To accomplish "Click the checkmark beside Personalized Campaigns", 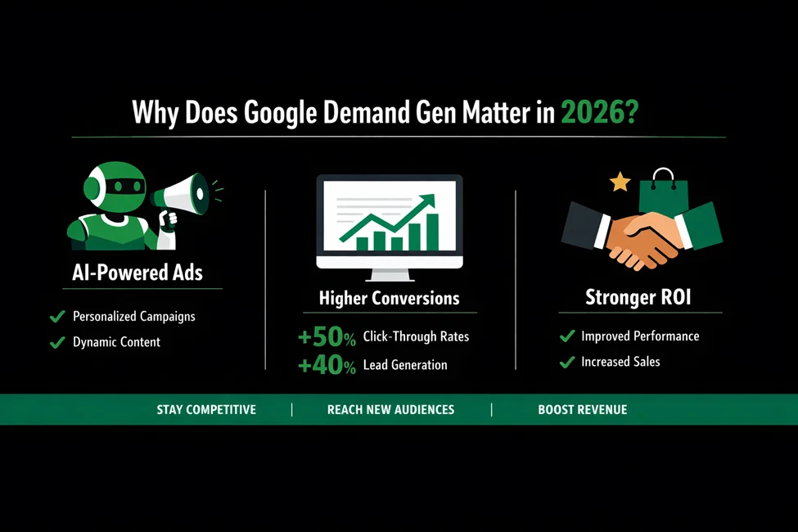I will [57, 316].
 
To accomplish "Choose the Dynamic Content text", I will [116, 342].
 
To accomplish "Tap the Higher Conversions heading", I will [389, 298].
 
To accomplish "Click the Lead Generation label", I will [405, 365].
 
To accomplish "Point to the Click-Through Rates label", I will [416, 336].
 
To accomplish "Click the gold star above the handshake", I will [620, 182].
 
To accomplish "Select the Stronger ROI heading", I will [638, 298].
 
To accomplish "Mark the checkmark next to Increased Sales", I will [566, 362].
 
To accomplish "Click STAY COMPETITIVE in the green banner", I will [206, 409].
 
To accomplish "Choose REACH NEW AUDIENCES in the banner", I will [390, 409].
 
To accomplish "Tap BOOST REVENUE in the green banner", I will [583, 409].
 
